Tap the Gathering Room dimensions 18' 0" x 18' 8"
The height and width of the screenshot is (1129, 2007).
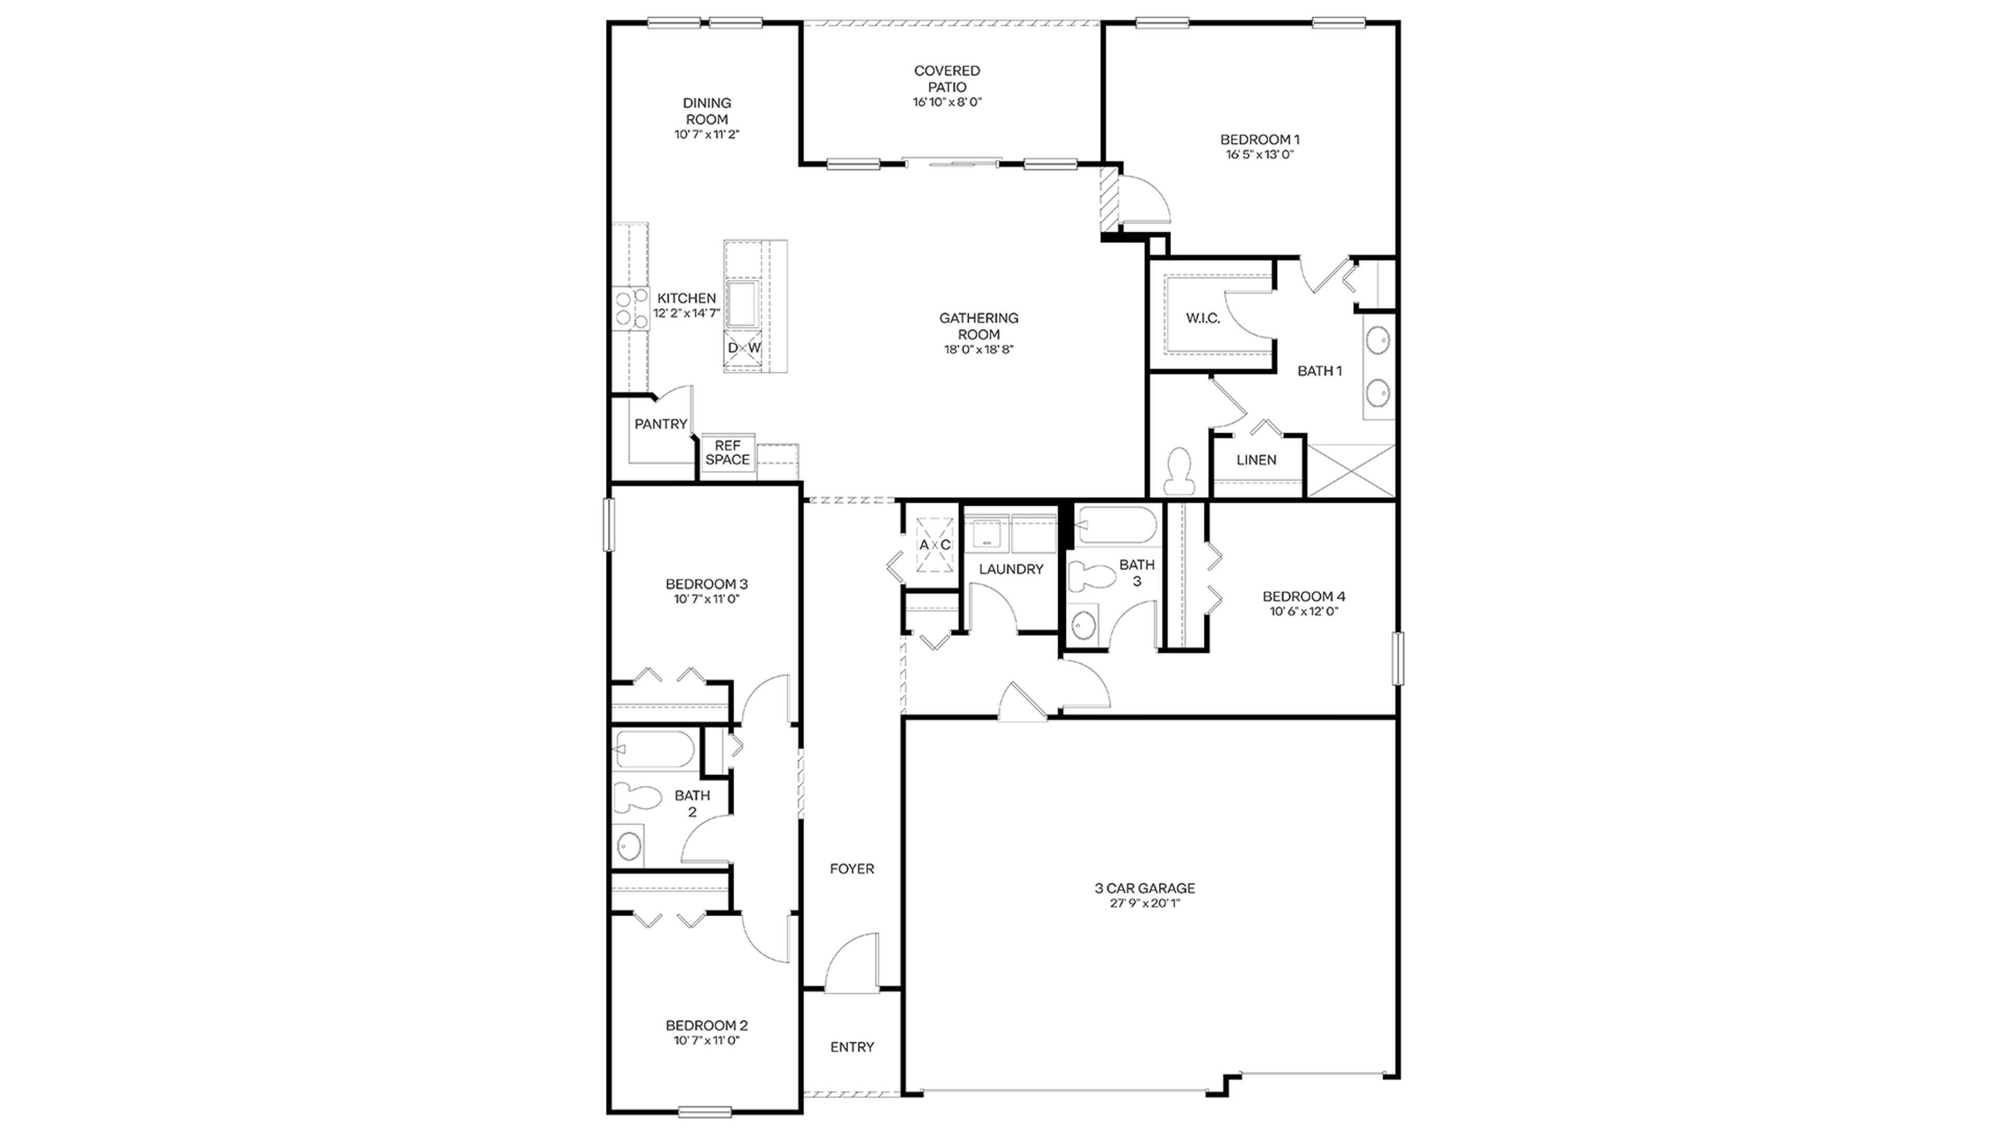click(978, 350)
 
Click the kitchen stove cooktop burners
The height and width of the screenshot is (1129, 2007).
click(630, 308)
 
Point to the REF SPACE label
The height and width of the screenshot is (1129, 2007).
click(728, 453)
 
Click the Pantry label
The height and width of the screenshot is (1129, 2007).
click(661, 424)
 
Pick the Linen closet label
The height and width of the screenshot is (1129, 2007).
click(1256, 460)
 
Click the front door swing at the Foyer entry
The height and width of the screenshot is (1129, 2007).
click(852, 964)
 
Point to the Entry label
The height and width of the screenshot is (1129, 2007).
click(851, 1047)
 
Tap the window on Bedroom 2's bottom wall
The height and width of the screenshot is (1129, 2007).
click(705, 1111)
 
